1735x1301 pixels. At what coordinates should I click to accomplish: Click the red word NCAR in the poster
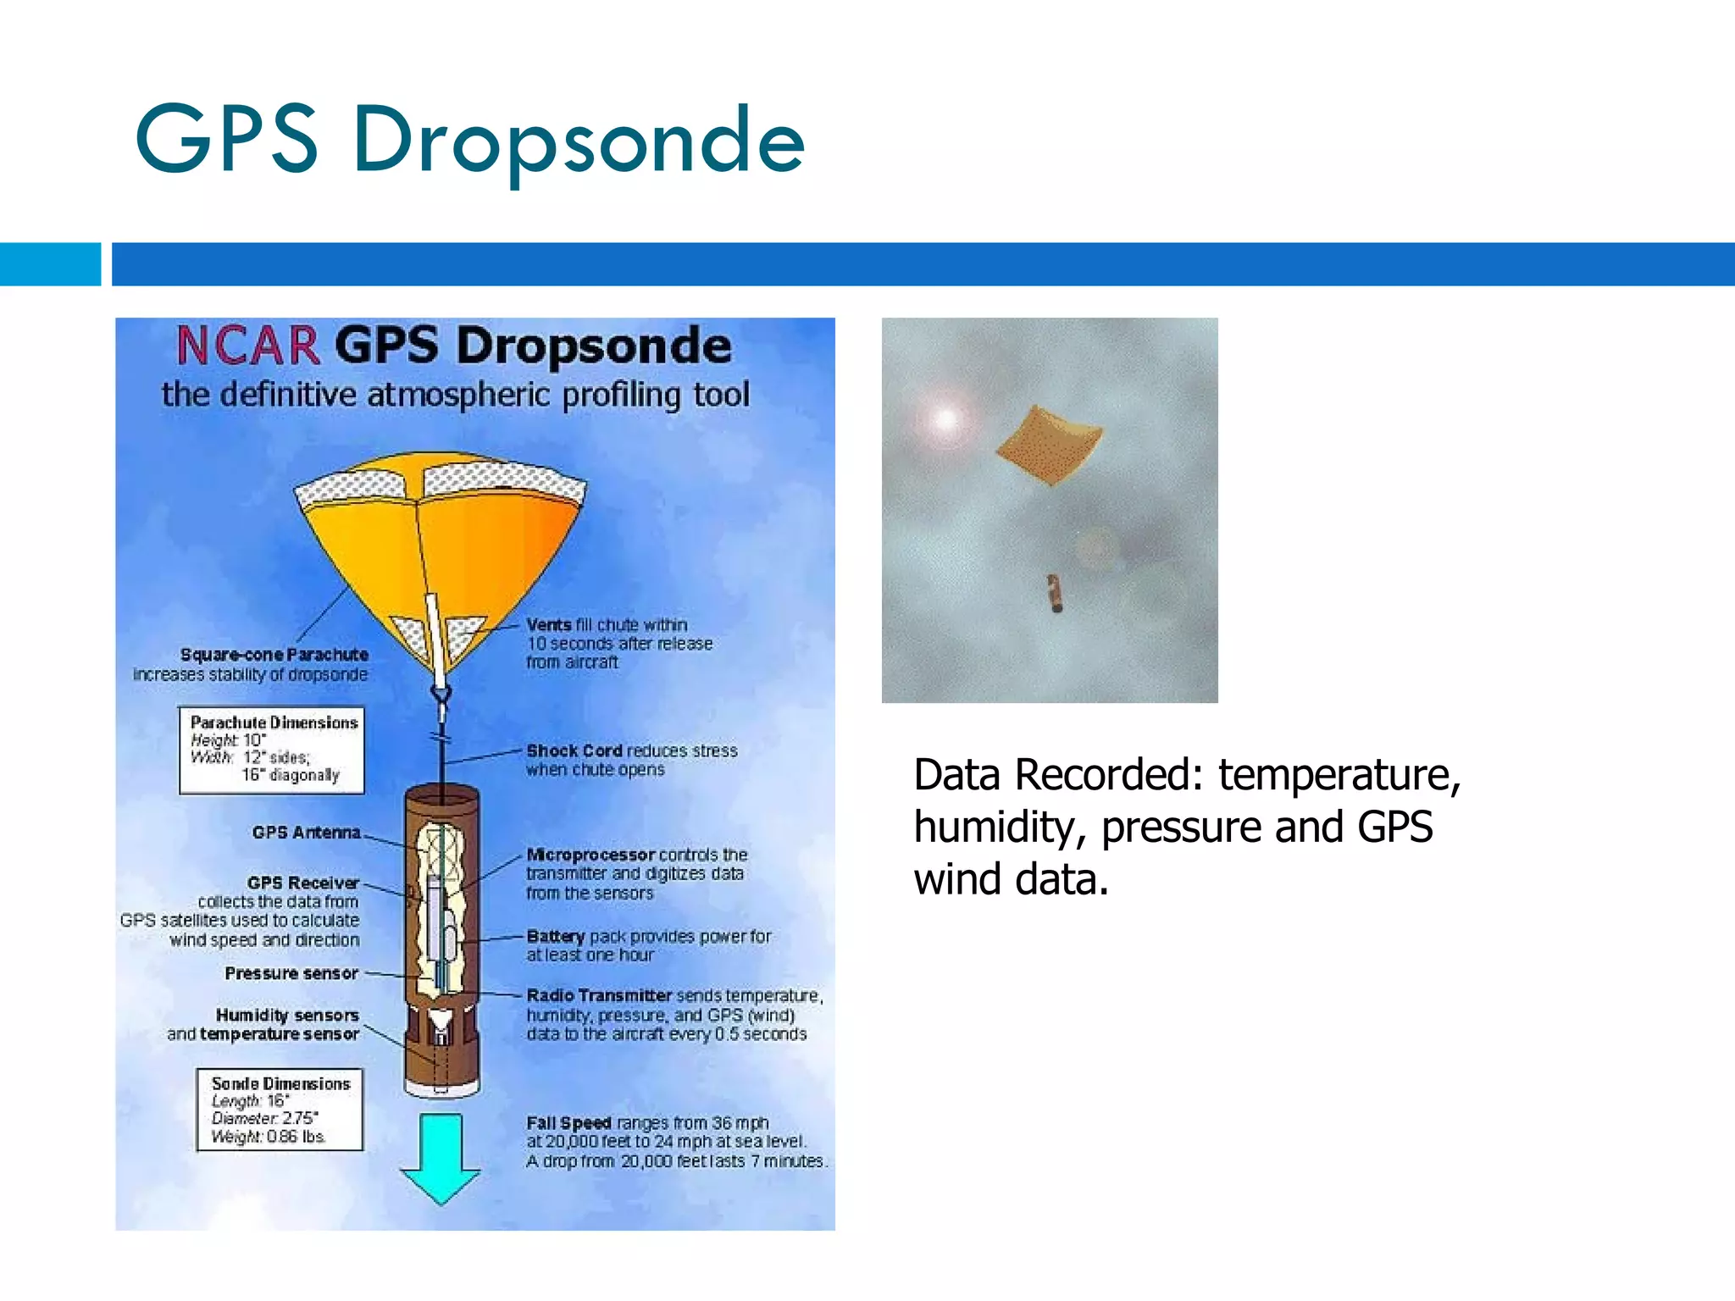(247, 346)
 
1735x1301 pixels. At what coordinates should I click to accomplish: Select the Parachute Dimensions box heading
(274, 722)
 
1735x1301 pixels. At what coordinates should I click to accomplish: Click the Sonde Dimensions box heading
(280, 1083)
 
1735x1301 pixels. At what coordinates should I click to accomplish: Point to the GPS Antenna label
(306, 833)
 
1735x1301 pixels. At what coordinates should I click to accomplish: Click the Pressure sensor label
(291, 973)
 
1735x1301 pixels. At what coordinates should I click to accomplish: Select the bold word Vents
(548, 625)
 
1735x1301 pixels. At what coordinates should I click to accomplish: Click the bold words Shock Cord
(574, 750)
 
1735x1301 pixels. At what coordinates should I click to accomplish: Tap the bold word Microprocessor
(590, 855)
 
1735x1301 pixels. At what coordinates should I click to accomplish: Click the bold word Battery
(555, 936)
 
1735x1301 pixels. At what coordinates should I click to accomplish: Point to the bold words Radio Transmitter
(598, 995)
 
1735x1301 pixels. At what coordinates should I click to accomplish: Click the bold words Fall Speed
(568, 1122)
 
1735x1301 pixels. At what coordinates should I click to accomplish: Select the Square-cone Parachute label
(274, 655)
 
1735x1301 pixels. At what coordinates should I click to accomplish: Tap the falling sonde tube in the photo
(1054, 592)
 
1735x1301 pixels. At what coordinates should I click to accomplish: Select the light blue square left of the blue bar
(50, 264)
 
